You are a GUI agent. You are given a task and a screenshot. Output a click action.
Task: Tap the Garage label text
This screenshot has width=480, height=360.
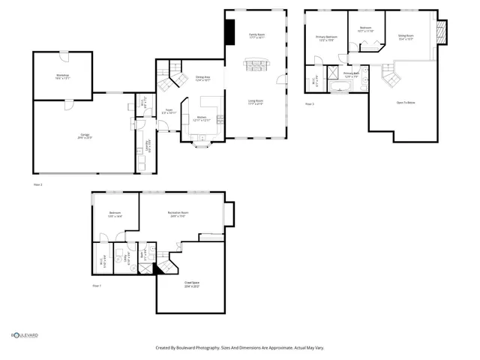pyautogui.click(x=81, y=136)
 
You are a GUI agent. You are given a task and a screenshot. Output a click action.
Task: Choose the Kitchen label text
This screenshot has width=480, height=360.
pyautogui.click(x=202, y=118)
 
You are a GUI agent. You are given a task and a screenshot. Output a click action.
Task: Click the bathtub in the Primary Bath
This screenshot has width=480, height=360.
pyautogui.click(x=346, y=88)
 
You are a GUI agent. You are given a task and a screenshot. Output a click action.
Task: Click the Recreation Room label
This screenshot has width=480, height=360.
pyautogui.click(x=178, y=214)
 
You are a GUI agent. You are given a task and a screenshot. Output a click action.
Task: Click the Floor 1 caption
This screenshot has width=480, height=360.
pyautogui.click(x=97, y=286)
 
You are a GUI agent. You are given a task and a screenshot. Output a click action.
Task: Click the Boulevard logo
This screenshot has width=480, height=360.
pyautogui.click(x=24, y=335)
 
